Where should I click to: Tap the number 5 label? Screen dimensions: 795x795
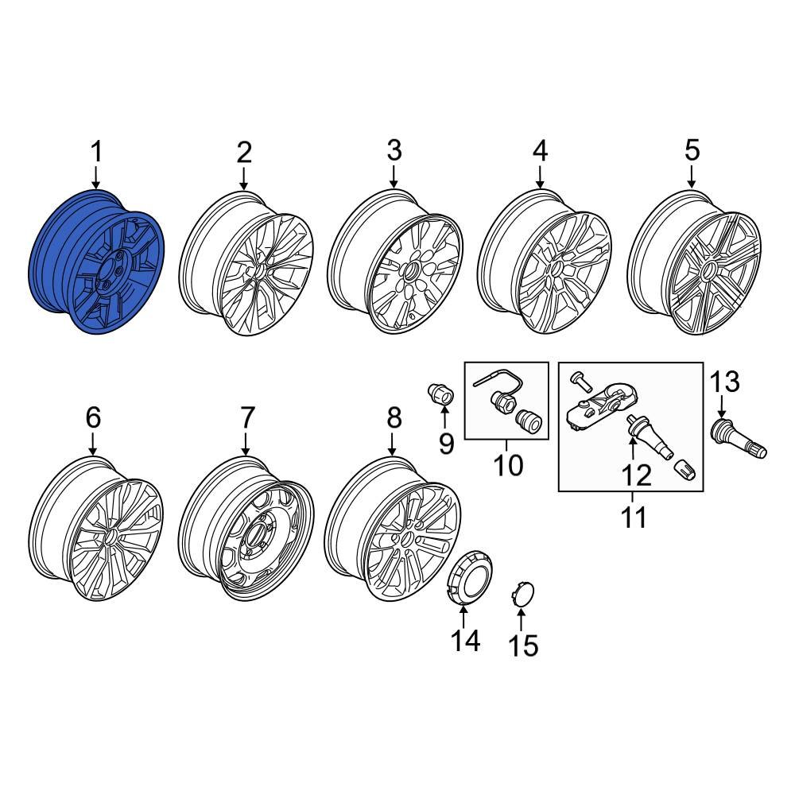(x=692, y=149)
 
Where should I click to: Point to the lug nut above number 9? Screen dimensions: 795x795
(x=440, y=393)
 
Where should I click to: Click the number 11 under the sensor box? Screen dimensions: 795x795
(x=634, y=518)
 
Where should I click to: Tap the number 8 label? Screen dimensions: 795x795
(x=394, y=417)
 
